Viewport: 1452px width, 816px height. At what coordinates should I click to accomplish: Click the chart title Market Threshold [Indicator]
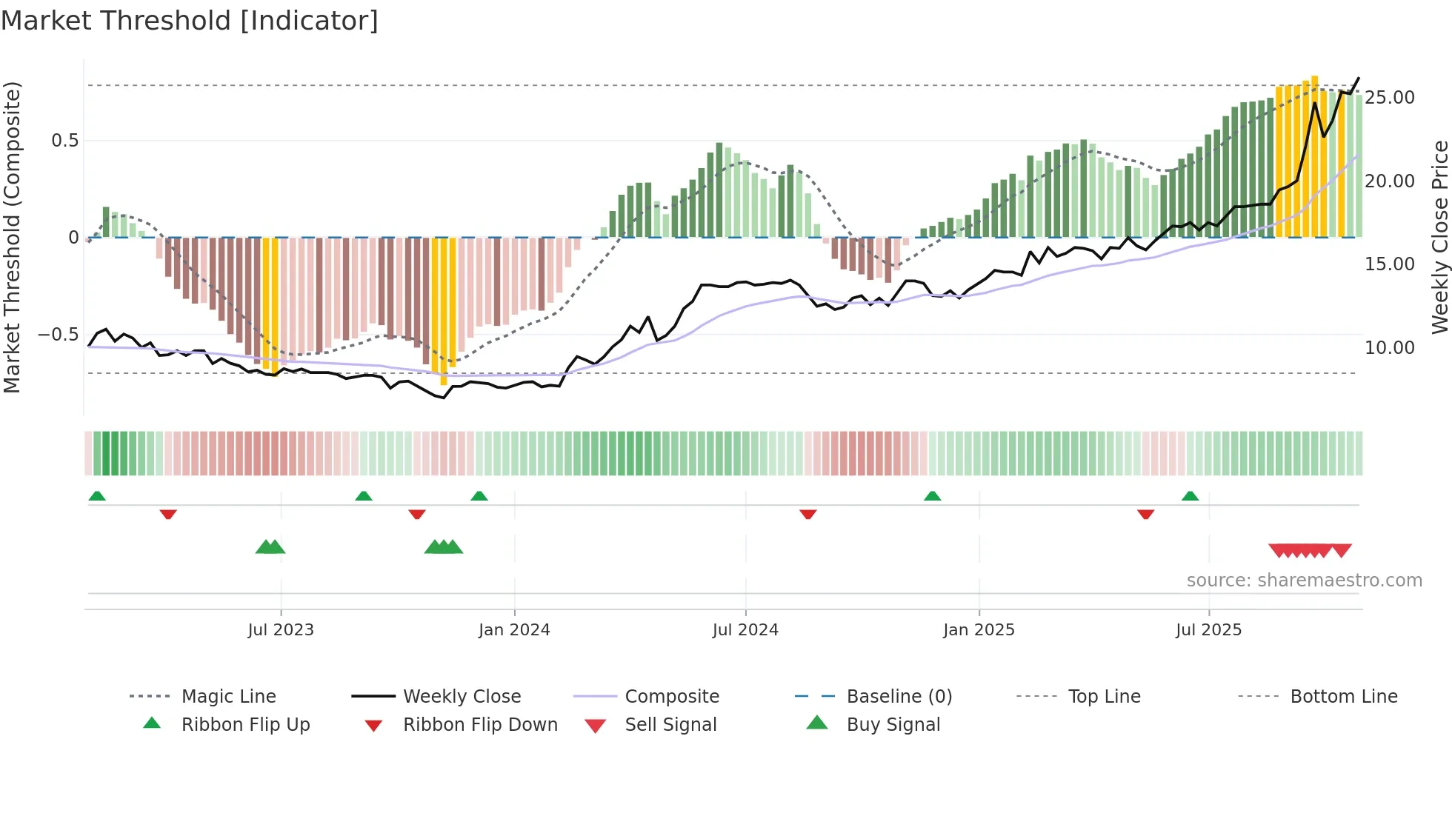click(190, 21)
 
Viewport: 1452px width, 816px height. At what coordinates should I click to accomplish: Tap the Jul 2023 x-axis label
click(281, 630)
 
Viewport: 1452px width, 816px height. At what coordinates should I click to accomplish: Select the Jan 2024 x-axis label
click(514, 630)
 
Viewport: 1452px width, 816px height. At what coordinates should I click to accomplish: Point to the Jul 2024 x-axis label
click(745, 630)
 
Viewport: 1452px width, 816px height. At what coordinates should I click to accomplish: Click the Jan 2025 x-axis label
click(979, 630)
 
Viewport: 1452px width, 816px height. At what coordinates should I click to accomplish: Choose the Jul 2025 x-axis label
click(1208, 630)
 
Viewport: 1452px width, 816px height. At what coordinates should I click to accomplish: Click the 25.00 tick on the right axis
click(1390, 98)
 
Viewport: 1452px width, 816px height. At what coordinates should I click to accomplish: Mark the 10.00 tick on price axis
click(1390, 348)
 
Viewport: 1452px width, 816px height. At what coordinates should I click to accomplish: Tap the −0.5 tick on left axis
click(59, 335)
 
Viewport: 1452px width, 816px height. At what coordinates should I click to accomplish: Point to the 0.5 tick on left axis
click(65, 141)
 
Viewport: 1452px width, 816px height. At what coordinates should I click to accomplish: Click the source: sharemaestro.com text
click(1304, 581)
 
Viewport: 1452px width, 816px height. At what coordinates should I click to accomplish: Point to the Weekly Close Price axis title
click(1439, 237)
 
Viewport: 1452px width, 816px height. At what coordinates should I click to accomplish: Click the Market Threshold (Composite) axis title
click(13, 237)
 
